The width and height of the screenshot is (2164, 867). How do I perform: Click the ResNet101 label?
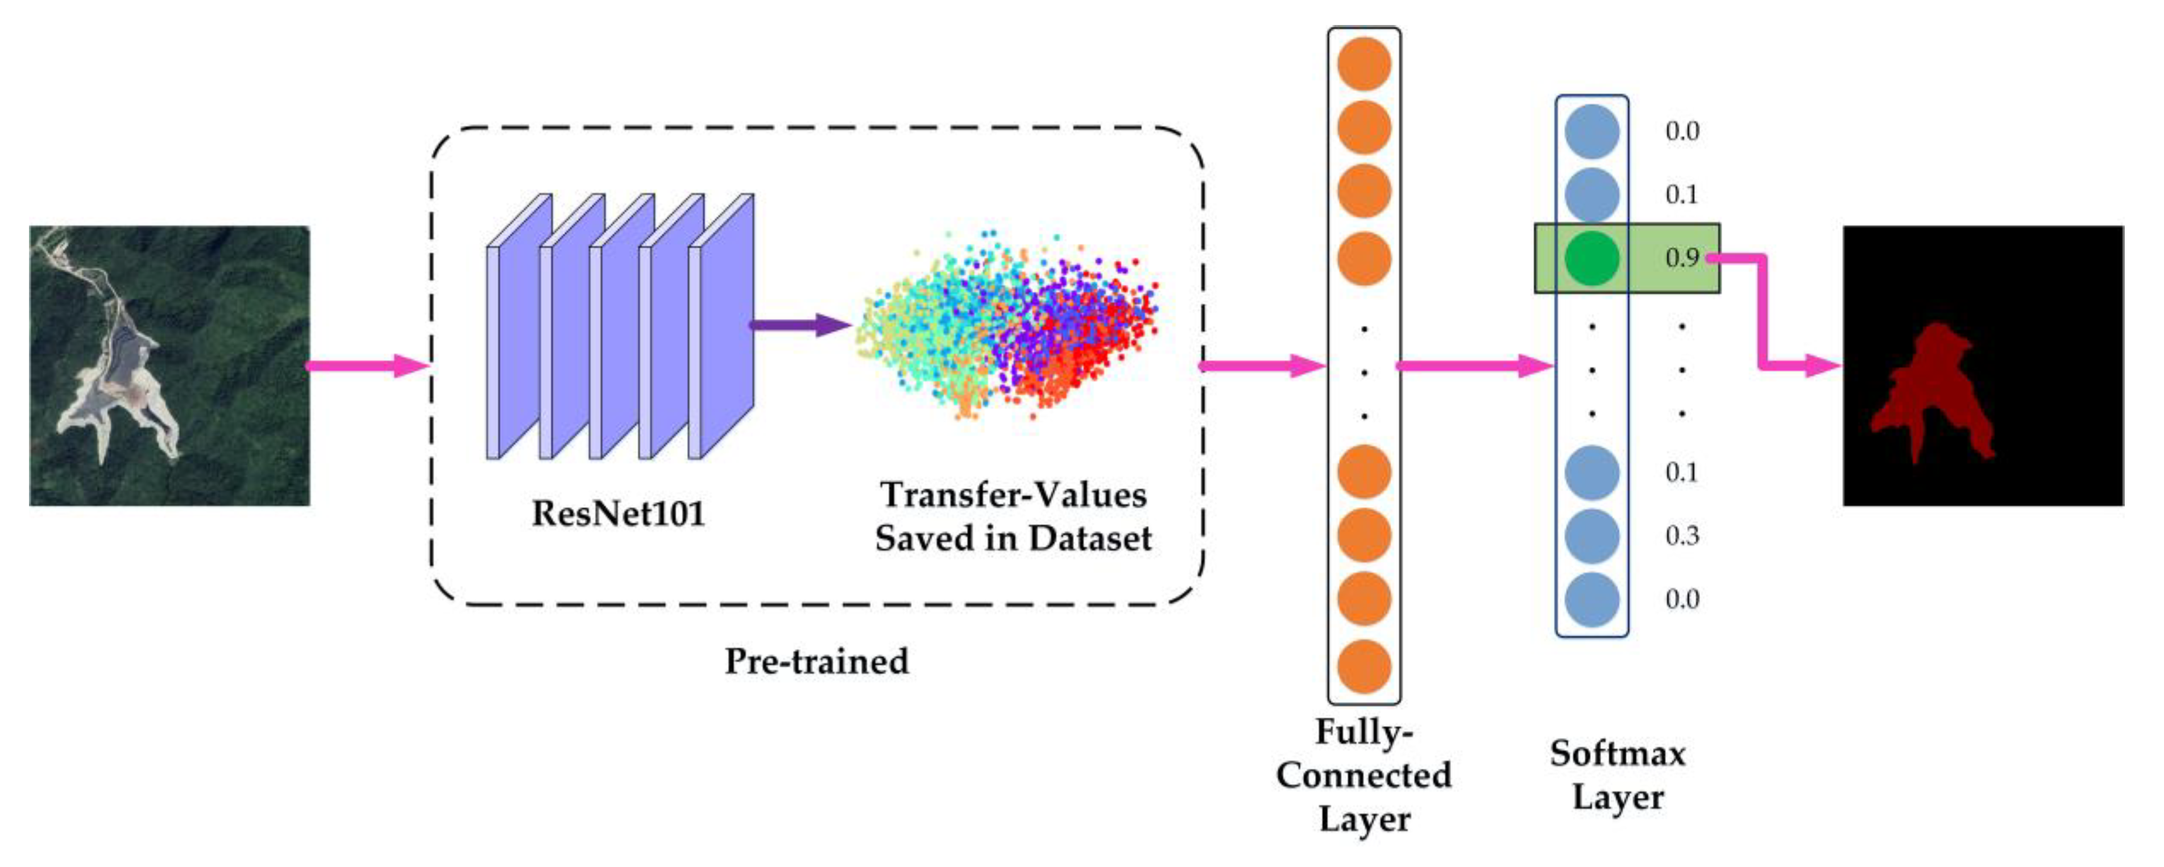618,513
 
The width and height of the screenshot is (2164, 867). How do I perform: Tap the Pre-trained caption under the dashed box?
816,661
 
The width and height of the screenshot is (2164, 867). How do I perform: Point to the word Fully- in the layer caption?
1363,732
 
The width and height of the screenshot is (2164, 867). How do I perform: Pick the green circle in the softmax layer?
1592,258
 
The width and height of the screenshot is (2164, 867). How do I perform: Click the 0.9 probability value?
1682,258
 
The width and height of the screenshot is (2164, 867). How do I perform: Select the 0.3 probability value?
1682,536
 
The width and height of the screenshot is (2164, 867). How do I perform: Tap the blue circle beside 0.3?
1592,536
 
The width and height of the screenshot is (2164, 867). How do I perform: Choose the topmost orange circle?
1364,64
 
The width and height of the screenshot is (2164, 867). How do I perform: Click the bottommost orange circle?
1364,666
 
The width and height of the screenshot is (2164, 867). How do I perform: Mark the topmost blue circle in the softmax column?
1592,132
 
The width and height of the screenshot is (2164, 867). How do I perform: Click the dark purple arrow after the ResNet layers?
798,325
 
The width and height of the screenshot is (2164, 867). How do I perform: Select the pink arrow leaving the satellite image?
368,366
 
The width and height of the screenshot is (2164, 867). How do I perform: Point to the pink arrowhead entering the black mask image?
1823,366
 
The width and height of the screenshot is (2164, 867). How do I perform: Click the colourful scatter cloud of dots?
1008,327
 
